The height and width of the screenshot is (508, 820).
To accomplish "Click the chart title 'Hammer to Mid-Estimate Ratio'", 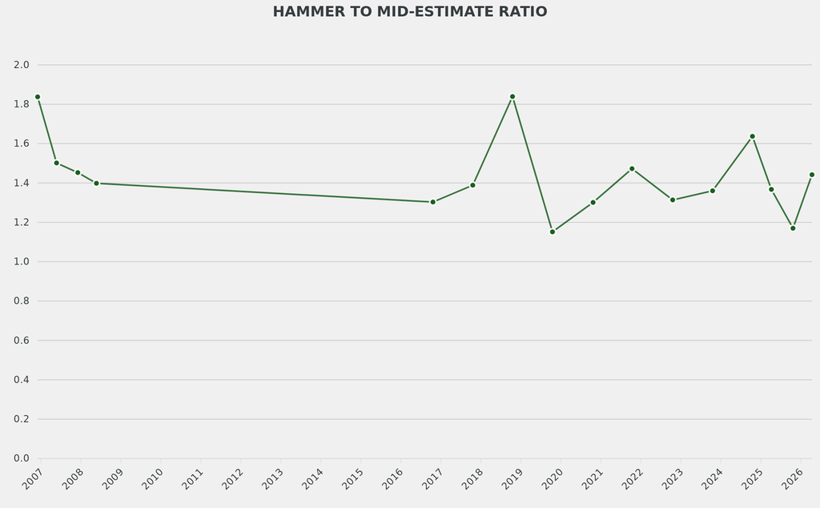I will pyautogui.click(x=409, y=12).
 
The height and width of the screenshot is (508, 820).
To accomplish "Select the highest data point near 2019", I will pyautogui.click(x=512, y=97).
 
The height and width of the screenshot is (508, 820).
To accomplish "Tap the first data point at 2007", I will pyautogui.click(x=38, y=97).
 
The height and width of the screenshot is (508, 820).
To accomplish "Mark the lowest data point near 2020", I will pyautogui.click(x=553, y=232).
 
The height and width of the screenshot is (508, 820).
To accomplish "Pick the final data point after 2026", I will pyautogui.click(x=811, y=175).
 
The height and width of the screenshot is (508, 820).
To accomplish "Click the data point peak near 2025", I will pyautogui.click(x=752, y=136).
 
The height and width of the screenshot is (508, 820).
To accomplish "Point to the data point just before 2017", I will pyautogui.click(x=432, y=202).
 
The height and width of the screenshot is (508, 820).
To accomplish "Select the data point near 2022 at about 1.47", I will pyautogui.click(x=632, y=169).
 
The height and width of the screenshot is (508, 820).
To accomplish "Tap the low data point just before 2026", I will pyautogui.click(x=793, y=228).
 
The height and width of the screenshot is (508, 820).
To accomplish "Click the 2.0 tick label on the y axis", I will pyautogui.click(x=22, y=65).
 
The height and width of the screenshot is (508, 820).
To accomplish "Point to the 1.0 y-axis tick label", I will pyautogui.click(x=22, y=262).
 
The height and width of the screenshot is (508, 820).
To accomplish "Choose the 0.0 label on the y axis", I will pyautogui.click(x=22, y=458).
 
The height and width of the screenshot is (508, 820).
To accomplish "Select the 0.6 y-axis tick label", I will pyautogui.click(x=22, y=341).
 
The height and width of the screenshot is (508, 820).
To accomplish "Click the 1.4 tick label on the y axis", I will pyautogui.click(x=22, y=183).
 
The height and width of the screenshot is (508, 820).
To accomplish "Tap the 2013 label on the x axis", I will pyautogui.click(x=272, y=479).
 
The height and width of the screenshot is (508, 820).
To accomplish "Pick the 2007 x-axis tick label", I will pyautogui.click(x=33, y=479).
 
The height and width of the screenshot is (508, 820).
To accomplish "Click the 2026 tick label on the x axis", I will pyautogui.click(x=792, y=479).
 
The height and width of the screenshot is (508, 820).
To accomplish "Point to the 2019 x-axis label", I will pyautogui.click(x=512, y=479).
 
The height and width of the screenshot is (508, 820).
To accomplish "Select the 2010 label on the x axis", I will pyautogui.click(x=152, y=479).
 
